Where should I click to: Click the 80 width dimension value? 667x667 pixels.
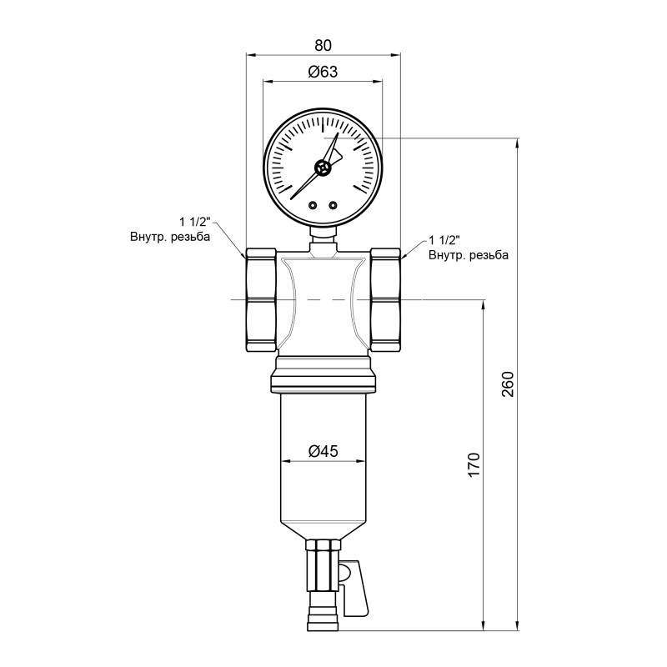coord(323,45)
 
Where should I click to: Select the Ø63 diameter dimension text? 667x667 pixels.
coord(323,72)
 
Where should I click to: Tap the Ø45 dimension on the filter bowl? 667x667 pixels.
coord(323,451)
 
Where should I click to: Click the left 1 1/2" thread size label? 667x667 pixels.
coord(196,222)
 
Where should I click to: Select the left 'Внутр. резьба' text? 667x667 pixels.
coord(169,237)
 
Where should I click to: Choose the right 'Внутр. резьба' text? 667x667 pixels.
coord(468,255)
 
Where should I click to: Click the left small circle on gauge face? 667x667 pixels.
coord(313,204)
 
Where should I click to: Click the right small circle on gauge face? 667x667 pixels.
coord(333,204)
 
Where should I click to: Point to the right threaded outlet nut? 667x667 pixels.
coord(385,300)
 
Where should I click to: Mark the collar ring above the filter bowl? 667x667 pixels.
coord(323,381)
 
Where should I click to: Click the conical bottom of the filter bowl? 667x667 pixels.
coord(323,525)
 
